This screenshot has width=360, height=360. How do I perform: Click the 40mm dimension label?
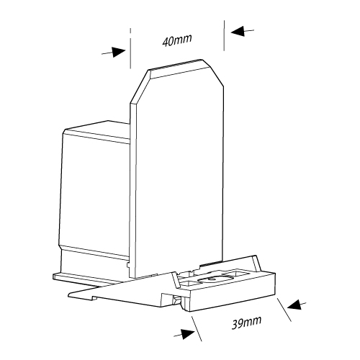(x=177, y=40)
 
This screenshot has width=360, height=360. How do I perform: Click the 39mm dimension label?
(x=246, y=323)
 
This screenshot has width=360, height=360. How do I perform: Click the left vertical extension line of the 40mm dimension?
(x=130, y=48)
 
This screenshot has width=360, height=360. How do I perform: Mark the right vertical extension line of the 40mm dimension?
(x=224, y=35)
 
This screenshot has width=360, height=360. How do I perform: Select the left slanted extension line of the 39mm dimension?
(x=197, y=328)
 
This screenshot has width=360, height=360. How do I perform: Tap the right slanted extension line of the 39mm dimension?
(x=284, y=310)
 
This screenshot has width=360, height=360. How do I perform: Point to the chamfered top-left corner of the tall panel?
(x=139, y=87)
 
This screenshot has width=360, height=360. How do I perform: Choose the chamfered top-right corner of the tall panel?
(x=213, y=73)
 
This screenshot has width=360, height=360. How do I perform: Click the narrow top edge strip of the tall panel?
(x=176, y=69)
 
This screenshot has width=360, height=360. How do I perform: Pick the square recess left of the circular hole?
(x=189, y=284)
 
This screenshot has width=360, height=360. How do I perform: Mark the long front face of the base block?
(x=233, y=297)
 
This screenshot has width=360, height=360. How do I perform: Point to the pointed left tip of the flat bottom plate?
(x=68, y=294)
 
